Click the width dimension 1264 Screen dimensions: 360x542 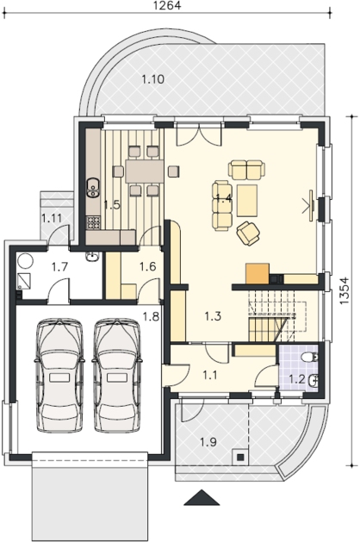coord(167,5)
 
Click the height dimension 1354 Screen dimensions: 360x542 coord(344,290)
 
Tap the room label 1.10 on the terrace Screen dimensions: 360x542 coord(152,79)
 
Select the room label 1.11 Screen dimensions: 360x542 coord(52,218)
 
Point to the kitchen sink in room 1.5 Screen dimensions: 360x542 coord(93,187)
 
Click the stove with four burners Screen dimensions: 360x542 coord(93,223)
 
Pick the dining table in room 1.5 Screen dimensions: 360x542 coord(145,171)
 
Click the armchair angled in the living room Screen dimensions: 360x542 coord(248,234)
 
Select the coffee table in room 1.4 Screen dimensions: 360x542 coord(247,201)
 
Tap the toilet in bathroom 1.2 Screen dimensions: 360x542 coord(310,357)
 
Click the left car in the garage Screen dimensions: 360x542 coord(59,375)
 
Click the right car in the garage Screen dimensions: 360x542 coord(117,375)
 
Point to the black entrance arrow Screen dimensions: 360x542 coord(202,498)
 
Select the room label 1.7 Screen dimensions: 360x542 coord(59,267)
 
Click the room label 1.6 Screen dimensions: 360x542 coord(148,266)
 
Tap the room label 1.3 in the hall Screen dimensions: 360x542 coord(213,316)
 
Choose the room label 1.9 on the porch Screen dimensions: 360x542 coord(208,442)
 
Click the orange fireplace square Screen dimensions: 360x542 coord(258,273)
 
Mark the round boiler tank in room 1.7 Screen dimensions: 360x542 coord(25,261)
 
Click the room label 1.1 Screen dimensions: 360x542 coord(210,375)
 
